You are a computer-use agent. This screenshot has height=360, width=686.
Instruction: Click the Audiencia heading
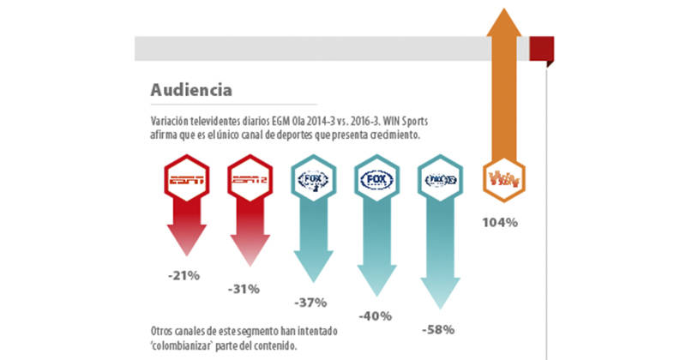[190, 89]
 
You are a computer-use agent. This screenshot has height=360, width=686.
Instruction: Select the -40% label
[375, 315]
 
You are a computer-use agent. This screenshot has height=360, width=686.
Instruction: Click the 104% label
[499, 223]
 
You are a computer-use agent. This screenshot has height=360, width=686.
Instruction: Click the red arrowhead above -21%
[182, 249]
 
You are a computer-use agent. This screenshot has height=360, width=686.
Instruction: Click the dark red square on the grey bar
[539, 48]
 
